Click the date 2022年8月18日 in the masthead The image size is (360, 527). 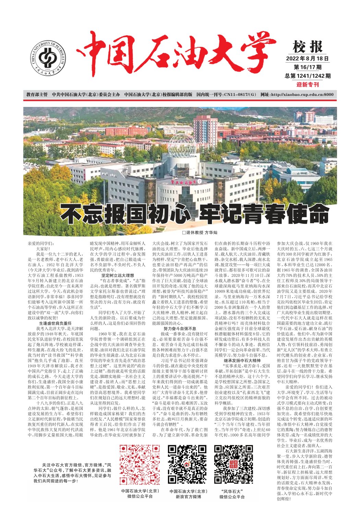point(308,58)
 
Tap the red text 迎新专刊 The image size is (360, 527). point(308,85)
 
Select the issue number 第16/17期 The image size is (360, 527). point(308,67)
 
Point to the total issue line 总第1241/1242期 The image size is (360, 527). point(308,76)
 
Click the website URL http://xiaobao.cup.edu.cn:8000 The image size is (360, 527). point(302,95)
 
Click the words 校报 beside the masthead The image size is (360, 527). point(308,47)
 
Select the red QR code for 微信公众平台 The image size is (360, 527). point(140,464)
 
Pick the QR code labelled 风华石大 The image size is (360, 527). point(233,464)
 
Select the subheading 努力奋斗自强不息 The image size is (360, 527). point(180,329)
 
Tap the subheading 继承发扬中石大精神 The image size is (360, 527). point(242,360)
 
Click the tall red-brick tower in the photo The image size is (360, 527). point(205,129)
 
